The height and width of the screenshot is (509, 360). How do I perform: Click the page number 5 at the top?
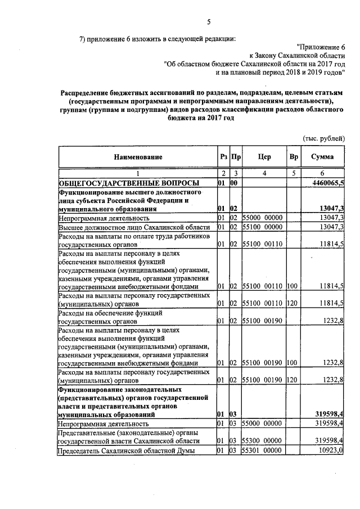coord(209,22)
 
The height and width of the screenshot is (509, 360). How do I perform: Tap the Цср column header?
coord(264,157)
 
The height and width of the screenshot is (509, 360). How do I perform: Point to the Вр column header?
coord(293,157)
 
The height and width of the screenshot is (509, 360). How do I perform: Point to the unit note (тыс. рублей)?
coord(324,138)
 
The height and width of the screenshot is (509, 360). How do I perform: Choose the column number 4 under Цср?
coord(264,174)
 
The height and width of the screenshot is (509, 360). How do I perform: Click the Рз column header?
coord(223,157)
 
